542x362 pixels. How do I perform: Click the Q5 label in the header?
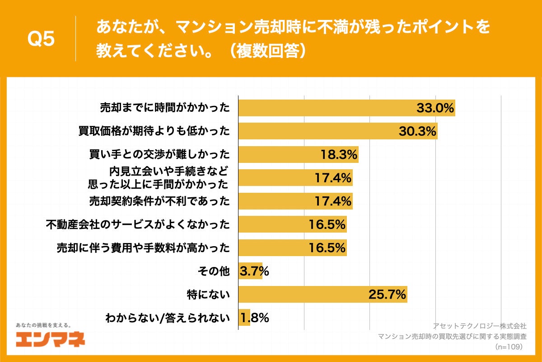41,39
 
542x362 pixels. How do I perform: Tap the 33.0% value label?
435,108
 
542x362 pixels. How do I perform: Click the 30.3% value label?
417,131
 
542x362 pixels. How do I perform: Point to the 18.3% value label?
339,154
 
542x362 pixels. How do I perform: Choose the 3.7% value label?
254,271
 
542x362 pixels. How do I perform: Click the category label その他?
214,271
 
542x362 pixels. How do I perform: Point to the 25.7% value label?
387,295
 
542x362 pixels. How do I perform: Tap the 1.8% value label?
254,318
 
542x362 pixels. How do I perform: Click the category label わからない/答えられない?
167,318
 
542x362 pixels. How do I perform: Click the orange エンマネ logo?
50,339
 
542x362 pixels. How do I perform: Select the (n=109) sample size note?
509,347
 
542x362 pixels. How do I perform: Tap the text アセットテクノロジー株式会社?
480,326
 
